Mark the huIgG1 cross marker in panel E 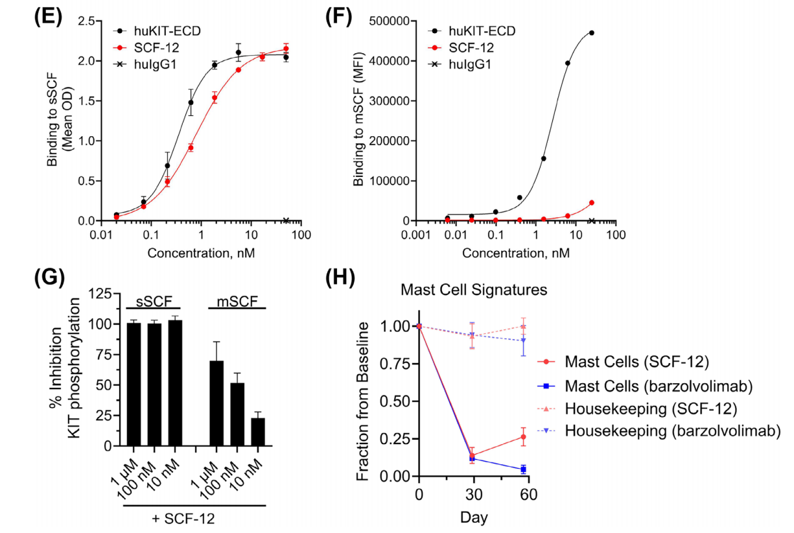click(x=287, y=220)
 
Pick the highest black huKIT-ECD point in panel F click(x=592, y=32)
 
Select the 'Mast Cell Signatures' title click(x=473, y=290)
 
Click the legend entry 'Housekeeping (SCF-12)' click(x=648, y=409)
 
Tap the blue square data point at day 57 click(x=523, y=469)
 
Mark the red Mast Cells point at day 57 click(x=523, y=437)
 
